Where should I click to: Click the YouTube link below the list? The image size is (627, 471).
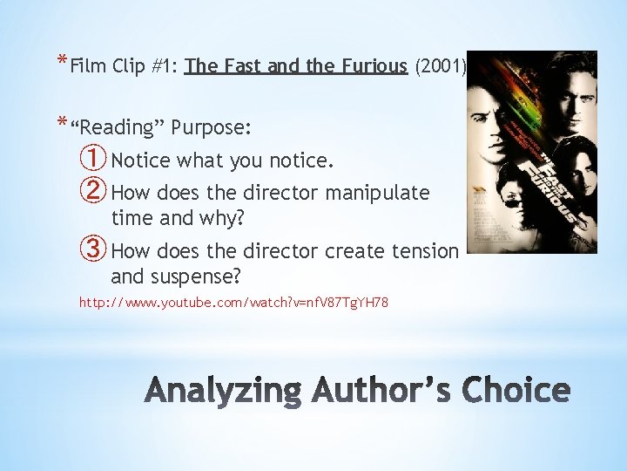pos(233,303)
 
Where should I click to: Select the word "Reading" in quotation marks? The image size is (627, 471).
pos(117,128)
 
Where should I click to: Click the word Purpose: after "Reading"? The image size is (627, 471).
pos(212,128)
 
